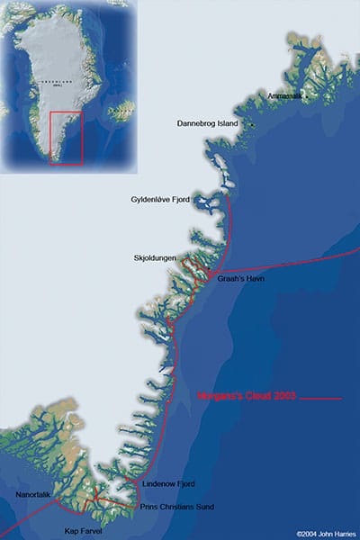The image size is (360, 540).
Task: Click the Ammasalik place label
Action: (x=286, y=96)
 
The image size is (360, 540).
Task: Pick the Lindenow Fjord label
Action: (x=170, y=485)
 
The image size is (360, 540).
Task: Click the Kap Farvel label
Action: (x=84, y=532)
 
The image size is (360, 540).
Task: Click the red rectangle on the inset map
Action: (x=66, y=138)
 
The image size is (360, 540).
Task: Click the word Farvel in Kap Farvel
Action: (x=92, y=532)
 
